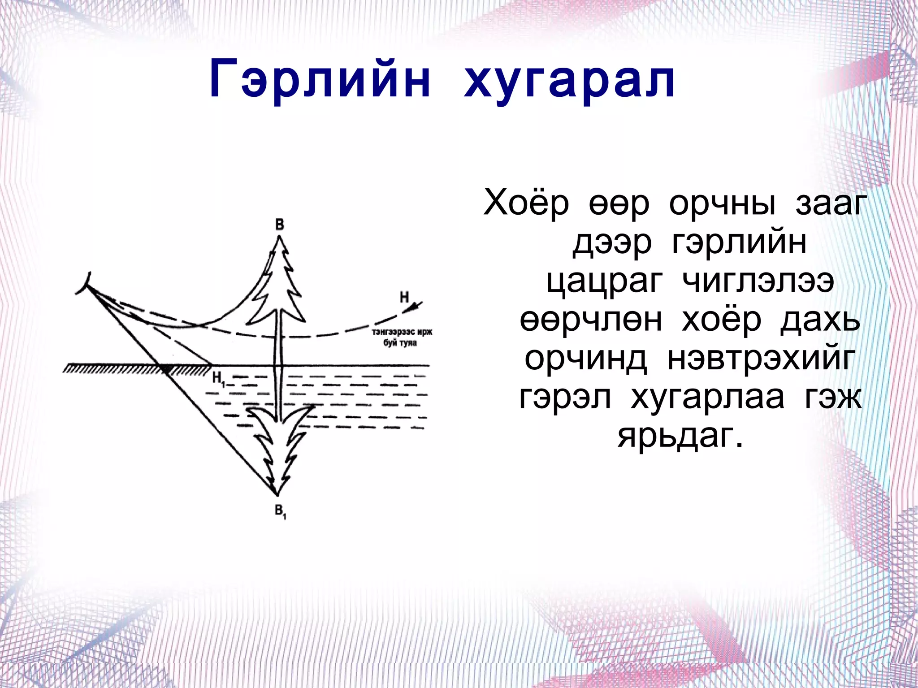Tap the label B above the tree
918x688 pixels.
280,224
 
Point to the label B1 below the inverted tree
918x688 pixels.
280,511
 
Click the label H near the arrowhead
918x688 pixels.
404,297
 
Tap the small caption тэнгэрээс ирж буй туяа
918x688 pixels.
401,338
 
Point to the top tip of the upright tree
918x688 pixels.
280,238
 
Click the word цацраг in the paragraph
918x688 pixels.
604,282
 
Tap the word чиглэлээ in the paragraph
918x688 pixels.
758,282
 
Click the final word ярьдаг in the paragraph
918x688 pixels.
680,436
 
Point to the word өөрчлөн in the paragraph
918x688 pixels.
591,320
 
